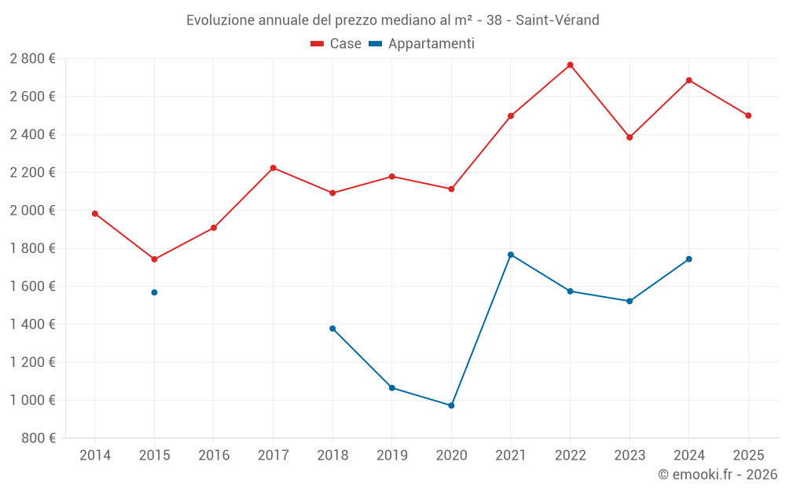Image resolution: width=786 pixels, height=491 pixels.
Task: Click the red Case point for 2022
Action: pos(570,65)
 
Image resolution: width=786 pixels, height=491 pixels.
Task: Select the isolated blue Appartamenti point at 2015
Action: pos(154,292)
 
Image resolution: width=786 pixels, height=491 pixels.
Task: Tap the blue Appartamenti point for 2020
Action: pos(451,405)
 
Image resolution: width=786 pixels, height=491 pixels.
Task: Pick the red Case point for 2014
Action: pos(95,214)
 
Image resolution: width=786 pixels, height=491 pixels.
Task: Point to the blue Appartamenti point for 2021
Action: pos(511,255)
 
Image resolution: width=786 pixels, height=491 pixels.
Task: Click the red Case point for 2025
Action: pos(748,115)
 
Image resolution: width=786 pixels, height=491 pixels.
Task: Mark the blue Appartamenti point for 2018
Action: pos(332,328)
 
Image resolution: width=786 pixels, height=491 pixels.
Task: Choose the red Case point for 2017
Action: pos(273,168)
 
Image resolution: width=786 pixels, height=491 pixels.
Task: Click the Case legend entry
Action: pos(336,44)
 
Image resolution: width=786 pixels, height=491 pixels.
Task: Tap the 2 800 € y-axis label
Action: pos(32,59)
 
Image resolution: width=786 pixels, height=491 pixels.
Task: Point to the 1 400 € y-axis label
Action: pos(32,324)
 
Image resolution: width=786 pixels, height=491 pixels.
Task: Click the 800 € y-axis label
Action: pos(38,438)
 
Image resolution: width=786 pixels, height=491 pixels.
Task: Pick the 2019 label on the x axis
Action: pos(391,456)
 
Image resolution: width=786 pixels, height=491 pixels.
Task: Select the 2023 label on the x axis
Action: pos(630,456)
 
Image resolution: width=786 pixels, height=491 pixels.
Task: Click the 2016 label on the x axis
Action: pos(214,456)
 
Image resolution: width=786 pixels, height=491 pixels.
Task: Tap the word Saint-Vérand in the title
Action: pos(557,20)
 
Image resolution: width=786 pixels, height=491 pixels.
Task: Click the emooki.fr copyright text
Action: pos(718,475)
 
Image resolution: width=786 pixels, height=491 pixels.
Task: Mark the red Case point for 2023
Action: pos(630,137)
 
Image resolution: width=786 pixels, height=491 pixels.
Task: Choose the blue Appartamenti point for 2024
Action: pos(689,259)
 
